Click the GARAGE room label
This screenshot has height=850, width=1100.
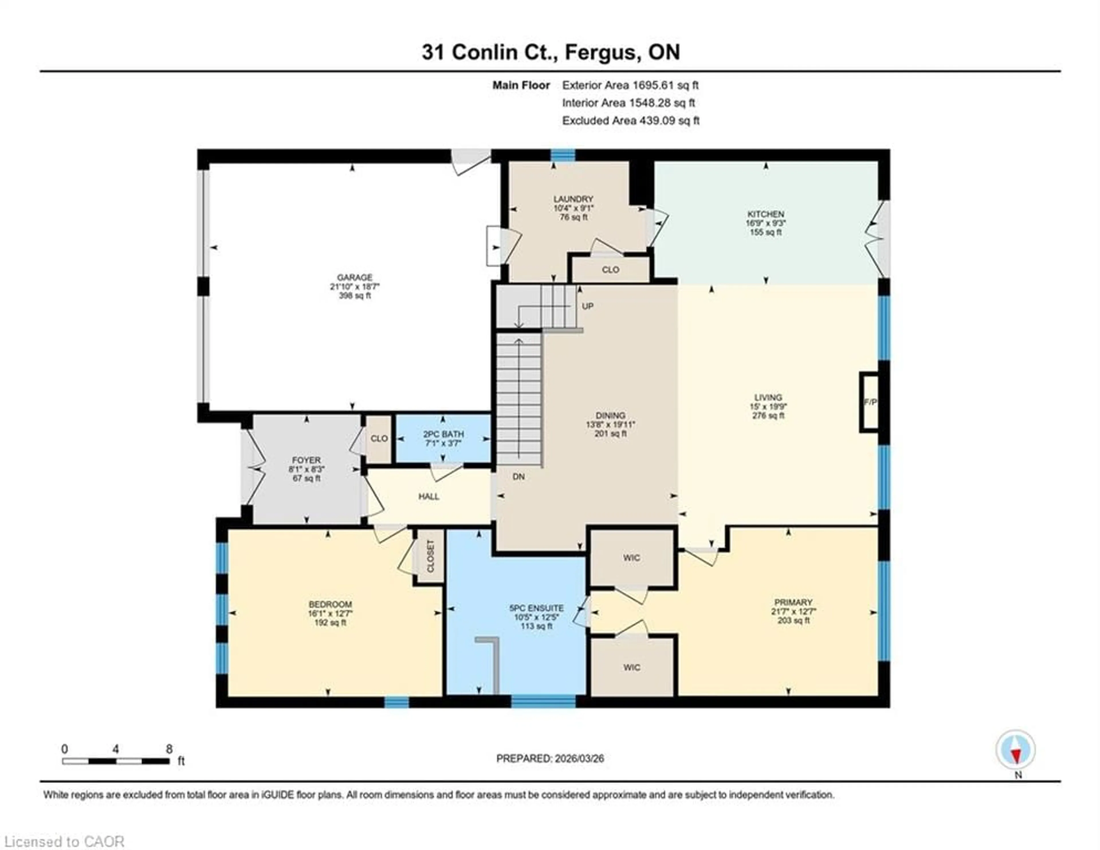(355, 277)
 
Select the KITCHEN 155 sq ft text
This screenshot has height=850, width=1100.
(766, 232)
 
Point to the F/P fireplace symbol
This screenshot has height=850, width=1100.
(870, 402)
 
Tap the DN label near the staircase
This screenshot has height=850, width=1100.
(519, 477)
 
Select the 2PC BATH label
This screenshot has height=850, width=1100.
(443, 434)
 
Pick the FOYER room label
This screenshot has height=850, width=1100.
(306, 460)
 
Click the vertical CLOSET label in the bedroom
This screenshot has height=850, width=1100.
(431, 556)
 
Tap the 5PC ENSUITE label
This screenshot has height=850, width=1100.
(537, 608)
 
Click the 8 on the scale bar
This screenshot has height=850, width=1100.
(169, 749)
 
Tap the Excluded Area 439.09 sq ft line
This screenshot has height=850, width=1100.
(630, 120)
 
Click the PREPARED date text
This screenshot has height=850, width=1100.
(550, 758)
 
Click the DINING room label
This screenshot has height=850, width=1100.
(610, 416)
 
